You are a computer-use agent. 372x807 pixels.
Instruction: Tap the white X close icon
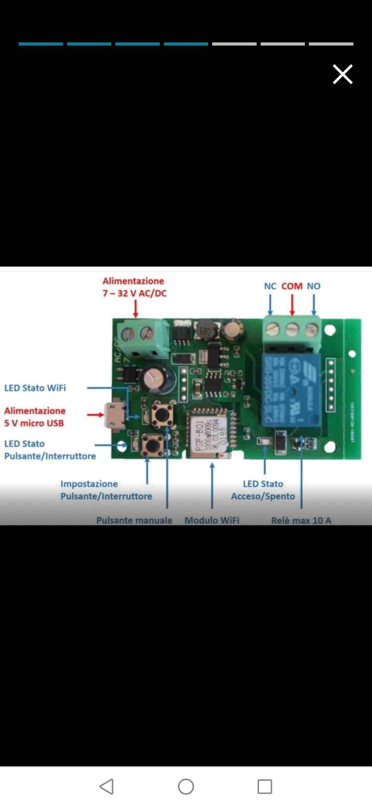click(343, 74)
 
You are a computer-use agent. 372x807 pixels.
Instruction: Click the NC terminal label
click(270, 286)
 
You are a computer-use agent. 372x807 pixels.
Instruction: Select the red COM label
click(292, 286)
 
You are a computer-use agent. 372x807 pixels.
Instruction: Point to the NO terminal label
click(313, 286)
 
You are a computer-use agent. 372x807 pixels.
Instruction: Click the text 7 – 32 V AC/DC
click(134, 293)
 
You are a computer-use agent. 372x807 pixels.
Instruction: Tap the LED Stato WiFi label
click(35, 388)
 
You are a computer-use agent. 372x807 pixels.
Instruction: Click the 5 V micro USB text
click(34, 423)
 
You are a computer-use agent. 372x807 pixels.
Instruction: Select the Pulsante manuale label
click(134, 520)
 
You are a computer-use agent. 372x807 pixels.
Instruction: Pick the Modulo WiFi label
click(212, 520)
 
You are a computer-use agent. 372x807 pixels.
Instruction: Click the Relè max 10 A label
click(301, 520)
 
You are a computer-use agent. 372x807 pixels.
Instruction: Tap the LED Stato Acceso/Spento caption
click(263, 490)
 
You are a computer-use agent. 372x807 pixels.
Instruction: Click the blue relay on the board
click(291, 390)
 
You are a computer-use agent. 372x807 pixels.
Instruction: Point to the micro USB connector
click(115, 415)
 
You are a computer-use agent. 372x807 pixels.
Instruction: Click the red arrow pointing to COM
click(292, 305)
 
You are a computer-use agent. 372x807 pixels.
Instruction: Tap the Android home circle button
click(186, 787)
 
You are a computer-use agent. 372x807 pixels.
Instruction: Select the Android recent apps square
click(265, 787)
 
